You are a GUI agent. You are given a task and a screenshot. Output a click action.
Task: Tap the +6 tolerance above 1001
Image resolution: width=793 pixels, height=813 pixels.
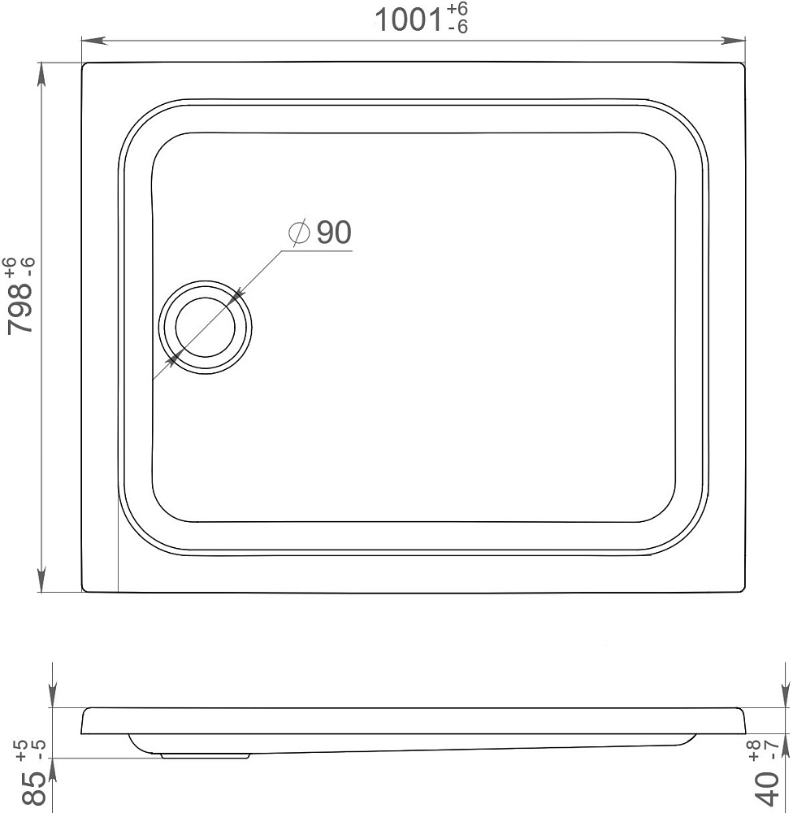click(x=457, y=9)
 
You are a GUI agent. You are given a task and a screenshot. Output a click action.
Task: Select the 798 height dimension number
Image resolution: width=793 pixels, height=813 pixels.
click(x=20, y=309)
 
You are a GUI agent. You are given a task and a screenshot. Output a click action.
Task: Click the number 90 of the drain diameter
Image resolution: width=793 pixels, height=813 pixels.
click(x=334, y=232)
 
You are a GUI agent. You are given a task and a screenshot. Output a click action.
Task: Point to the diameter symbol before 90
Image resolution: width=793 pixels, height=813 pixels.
click(x=300, y=232)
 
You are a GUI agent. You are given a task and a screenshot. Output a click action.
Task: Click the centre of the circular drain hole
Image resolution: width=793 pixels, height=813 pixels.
click(x=206, y=327)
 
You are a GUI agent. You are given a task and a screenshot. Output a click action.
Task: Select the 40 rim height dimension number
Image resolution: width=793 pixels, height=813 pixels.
click(x=768, y=788)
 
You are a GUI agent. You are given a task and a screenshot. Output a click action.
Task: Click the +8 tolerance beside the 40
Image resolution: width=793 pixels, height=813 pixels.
click(x=754, y=751)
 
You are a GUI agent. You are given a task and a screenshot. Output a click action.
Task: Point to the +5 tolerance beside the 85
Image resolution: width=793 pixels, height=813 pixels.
click(x=22, y=750)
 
